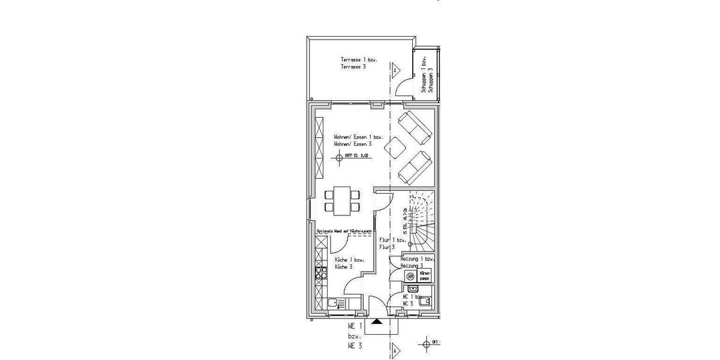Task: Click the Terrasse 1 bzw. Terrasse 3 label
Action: coord(354,64)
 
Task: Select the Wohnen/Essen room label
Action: coord(354,140)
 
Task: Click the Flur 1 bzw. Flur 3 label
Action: coord(392,243)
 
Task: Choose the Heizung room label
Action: coord(412,262)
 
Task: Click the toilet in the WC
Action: coord(425,302)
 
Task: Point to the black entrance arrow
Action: coord(376,322)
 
